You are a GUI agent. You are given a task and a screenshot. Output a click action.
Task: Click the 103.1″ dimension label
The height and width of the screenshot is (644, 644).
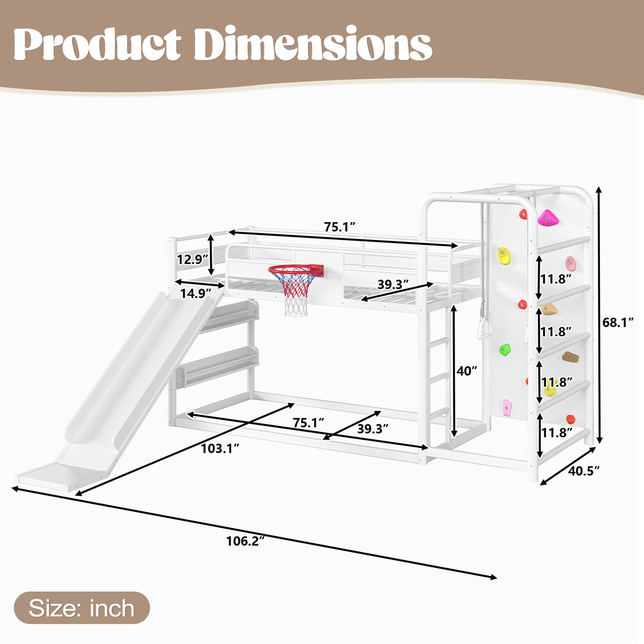pos(220,449)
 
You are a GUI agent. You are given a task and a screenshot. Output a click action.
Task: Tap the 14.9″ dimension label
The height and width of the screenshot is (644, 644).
pos(196,294)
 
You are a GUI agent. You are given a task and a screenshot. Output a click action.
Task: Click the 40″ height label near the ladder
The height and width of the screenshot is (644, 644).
pos(467,371)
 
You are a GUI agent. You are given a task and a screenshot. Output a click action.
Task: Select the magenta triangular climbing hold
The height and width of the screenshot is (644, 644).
pos(548,218)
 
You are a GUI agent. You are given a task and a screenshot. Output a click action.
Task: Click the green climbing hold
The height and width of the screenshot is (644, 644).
pos(505,349)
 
